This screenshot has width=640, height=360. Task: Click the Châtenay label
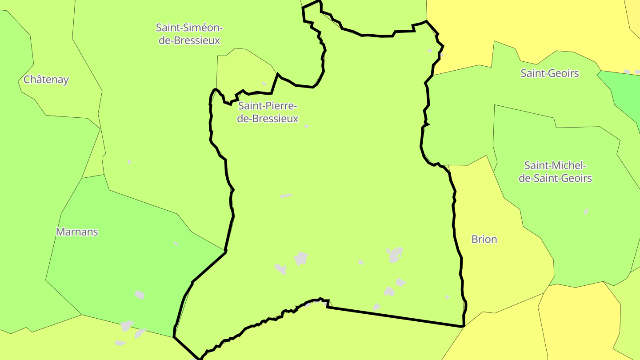(46, 80)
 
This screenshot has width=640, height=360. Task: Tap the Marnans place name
(77, 232)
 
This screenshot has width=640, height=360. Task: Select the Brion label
(484, 239)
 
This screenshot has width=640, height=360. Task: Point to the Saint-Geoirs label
(550, 73)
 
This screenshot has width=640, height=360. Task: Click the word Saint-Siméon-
(189, 28)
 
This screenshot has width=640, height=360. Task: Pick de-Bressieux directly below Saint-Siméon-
(189, 40)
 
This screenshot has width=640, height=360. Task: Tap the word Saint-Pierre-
(268, 106)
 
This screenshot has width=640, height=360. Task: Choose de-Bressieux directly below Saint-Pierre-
(268, 119)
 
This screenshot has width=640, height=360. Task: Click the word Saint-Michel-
(556, 165)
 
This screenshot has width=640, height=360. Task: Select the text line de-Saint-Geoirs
(556, 178)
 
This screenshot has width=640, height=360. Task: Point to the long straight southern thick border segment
(396, 316)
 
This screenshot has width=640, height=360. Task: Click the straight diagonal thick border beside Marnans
(209, 267)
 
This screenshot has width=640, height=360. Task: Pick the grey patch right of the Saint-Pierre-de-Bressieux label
(306, 126)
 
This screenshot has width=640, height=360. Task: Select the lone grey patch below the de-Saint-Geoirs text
(586, 212)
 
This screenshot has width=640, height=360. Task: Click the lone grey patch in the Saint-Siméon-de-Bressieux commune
(129, 162)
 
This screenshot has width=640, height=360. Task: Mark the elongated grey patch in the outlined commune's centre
(286, 196)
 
